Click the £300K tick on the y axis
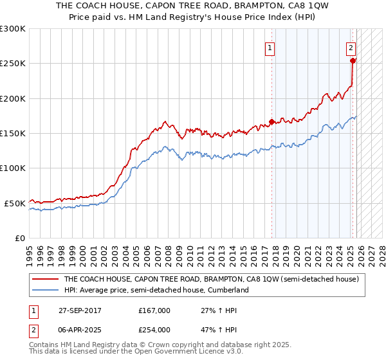(x=13, y=29)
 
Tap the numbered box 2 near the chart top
(x=351, y=47)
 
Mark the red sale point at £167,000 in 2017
(x=272, y=122)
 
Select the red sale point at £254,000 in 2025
(x=353, y=61)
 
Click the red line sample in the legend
(x=46, y=280)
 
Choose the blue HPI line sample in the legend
(x=46, y=290)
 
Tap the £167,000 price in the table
(x=154, y=310)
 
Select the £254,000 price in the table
(x=154, y=329)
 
